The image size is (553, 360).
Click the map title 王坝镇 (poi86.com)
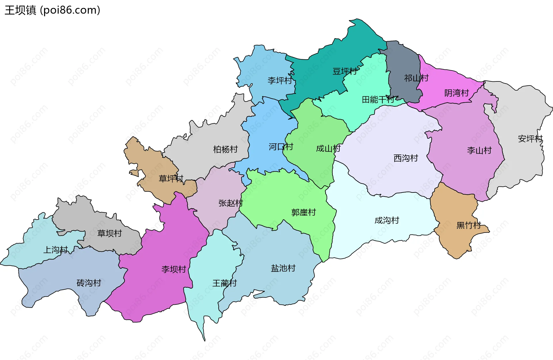[52, 10]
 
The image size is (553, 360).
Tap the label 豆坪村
[345, 71]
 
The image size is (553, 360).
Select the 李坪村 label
[280, 80]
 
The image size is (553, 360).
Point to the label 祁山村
[416, 78]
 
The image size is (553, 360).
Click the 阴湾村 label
[457, 93]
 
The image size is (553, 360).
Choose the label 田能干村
[378, 100]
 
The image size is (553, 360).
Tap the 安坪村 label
[530, 139]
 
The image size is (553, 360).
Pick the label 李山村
[479, 150]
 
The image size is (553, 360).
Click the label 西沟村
[406, 158]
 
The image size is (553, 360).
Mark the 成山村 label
[328, 148]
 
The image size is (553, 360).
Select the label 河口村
[281, 147]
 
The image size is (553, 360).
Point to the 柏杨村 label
[225, 149]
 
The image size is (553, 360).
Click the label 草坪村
[171, 178]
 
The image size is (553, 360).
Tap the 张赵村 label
[230, 203]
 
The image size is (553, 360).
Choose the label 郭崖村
[304, 212]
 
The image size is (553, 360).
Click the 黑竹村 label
[469, 225]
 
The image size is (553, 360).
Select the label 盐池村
[283, 268]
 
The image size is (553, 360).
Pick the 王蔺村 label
[224, 283]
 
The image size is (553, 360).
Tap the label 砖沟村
[89, 283]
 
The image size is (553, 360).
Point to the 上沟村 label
[56, 249]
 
